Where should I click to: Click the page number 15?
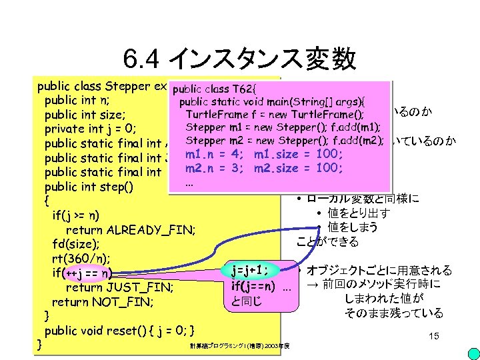pyautogui.click(x=434, y=337)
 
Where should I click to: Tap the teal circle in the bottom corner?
pyautogui.click(x=471, y=351)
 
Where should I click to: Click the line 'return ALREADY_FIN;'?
pyautogui.click(x=130, y=230)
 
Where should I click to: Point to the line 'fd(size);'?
pyautogui.click(x=73, y=244)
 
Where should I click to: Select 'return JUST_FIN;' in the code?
pyautogui.click(x=119, y=287)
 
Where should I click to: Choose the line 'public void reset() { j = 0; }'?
pyautogui.click(x=119, y=331)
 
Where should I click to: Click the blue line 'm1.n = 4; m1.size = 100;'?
pyautogui.click(x=264, y=155)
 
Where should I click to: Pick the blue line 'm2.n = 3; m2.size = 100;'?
pyautogui.click(x=264, y=167)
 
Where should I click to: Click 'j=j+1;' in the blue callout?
pyautogui.click(x=250, y=271)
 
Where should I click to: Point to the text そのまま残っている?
pyautogui.click(x=394, y=313)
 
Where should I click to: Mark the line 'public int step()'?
pyautogui.click(x=89, y=186)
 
